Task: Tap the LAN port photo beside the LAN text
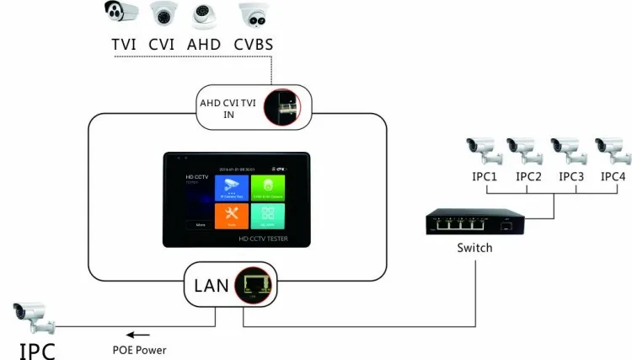click(250, 284)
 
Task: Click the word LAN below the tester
click(211, 285)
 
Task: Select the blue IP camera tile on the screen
click(231, 190)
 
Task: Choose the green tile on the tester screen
click(268, 190)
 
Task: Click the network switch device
click(474, 223)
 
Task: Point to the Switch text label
click(474, 248)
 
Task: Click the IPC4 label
click(613, 177)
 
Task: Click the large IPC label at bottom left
click(37, 347)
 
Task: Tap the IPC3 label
click(570, 177)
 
